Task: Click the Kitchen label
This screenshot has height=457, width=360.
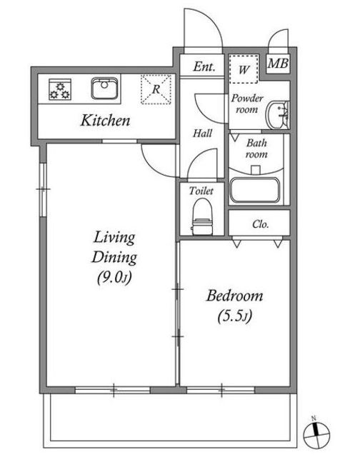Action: pyautogui.click(x=105, y=121)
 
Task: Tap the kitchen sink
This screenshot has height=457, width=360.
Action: pyautogui.click(x=105, y=88)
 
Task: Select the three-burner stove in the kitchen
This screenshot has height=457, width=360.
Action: pyautogui.click(x=60, y=89)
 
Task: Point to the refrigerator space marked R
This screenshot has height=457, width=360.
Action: pyautogui.click(x=156, y=89)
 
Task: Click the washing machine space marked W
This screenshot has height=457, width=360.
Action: pyautogui.click(x=244, y=69)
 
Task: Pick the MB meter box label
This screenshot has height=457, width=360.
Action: pyautogui.click(x=278, y=64)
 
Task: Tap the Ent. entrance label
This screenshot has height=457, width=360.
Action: pyautogui.click(x=204, y=66)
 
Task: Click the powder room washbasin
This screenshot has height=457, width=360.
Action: pyautogui.click(x=278, y=115)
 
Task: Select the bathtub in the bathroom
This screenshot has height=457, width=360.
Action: pyautogui.click(x=255, y=190)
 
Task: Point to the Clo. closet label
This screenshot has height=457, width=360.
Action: pyautogui.click(x=260, y=224)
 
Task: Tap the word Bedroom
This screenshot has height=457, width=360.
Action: pyautogui.click(x=235, y=296)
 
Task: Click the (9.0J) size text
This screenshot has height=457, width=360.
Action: pyautogui.click(x=114, y=277)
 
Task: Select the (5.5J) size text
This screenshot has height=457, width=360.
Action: pyautogui.click(x=235, y=316)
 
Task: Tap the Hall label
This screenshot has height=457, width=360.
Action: pyautogui.click(x=202, y=134)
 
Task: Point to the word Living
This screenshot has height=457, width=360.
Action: pyautogui.click(x=114, y=238)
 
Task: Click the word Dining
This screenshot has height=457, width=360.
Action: pyautogui.click(x=114, y=258)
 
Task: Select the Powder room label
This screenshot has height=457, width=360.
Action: pyautogui.click(x=247, y=104)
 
